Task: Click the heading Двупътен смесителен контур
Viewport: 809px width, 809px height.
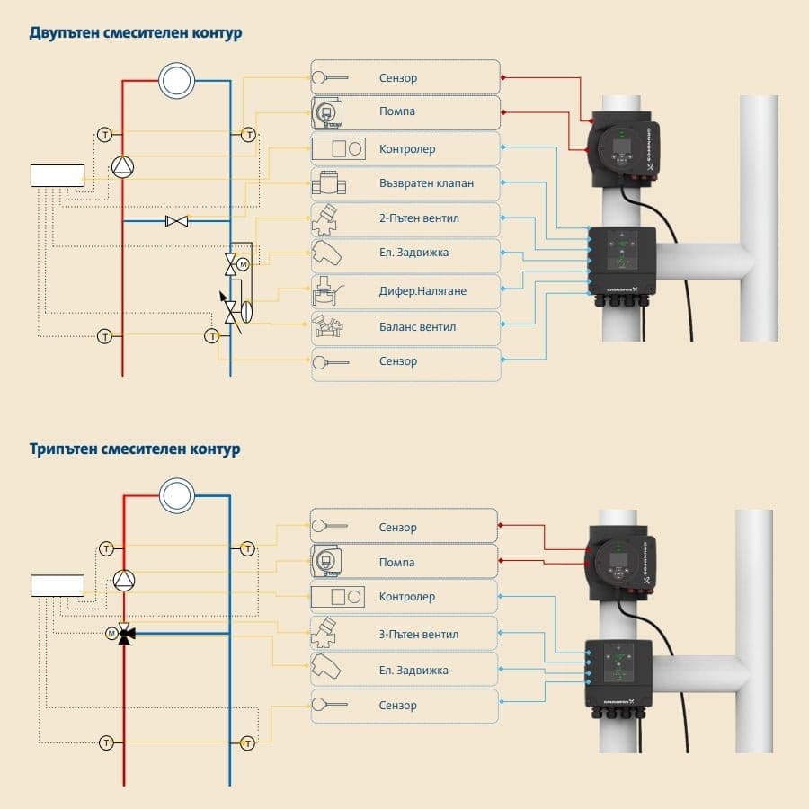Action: pyautogui.click(x=135, y=33)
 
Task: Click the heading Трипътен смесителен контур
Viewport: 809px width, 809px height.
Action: pyautogui.click(x=135, y=448)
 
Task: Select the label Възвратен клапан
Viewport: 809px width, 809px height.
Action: pyautogui.click(x=426, y=183)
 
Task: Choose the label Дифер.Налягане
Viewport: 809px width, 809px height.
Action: pyautogui.click(x=422, y=291)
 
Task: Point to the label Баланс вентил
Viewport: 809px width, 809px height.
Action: pyautogui.click(x=417, y=326)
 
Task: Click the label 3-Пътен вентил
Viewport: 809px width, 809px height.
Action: pyautogui.click(x=419, y=634)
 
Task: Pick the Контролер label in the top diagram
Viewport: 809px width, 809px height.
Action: pyautogui.click(x=406, y=148)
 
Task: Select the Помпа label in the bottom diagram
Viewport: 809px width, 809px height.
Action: pyautogui.click(x=396, y=562)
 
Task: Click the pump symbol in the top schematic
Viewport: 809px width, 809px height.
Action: pyautogui.click(x=123, y=166)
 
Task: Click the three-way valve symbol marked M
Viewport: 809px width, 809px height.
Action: pyautogui.click(x=125, y=634)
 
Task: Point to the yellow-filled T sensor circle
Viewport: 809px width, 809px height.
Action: pyautogui.click(x=212, y=336)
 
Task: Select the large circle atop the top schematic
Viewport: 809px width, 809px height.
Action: pyautogui.click(x=176, y=81)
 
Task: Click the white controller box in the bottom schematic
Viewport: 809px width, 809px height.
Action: pyautogui.click(x=58, y=585)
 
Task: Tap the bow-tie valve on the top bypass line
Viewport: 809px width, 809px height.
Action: pyautogui.click(x=176, y=220)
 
